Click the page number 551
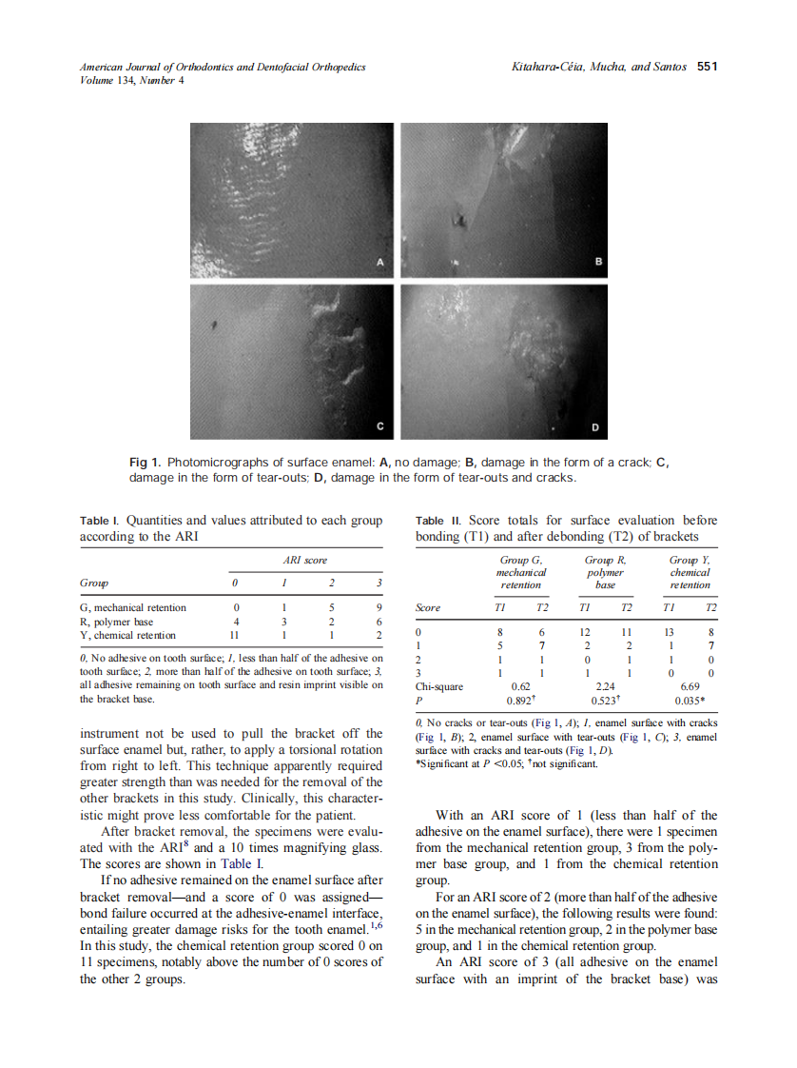706,67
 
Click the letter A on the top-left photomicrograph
379,261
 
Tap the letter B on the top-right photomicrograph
598,261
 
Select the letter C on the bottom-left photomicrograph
379,425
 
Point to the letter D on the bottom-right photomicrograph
595,425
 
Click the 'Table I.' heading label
99,522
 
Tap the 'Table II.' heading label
437,522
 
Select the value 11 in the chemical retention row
237,635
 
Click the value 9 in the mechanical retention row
379,607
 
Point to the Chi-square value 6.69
690,684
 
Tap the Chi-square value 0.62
520,684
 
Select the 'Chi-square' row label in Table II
439,684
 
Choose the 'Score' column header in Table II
429,607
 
